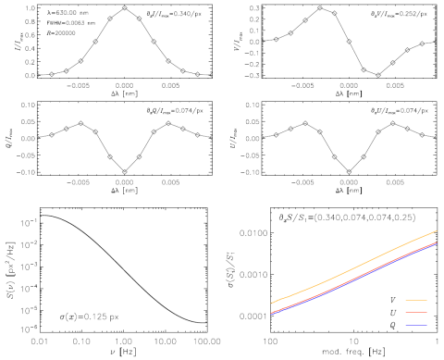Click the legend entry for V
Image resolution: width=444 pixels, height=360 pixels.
click(x=409, y=301)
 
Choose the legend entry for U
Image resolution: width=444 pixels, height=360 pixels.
click(x=409, y=315)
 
